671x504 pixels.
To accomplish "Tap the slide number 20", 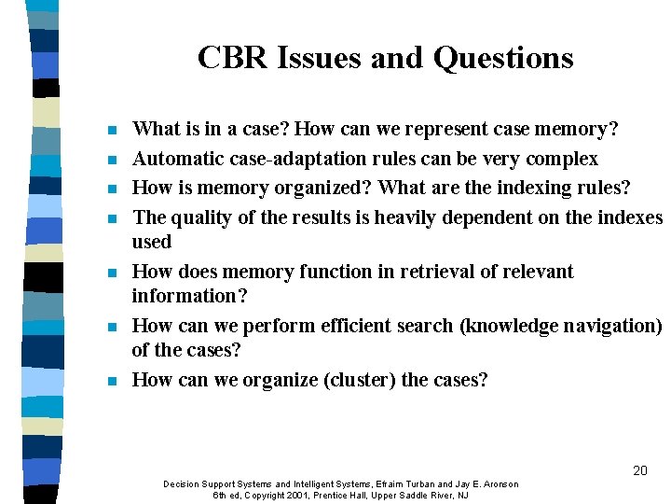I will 639,470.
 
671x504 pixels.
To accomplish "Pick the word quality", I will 202,217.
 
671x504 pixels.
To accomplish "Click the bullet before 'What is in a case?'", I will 111,130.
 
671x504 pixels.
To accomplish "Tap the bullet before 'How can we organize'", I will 111,381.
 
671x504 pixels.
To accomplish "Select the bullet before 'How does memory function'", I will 111,273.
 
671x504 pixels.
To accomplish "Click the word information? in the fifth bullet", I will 186,296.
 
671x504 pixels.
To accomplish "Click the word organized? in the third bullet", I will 319,188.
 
